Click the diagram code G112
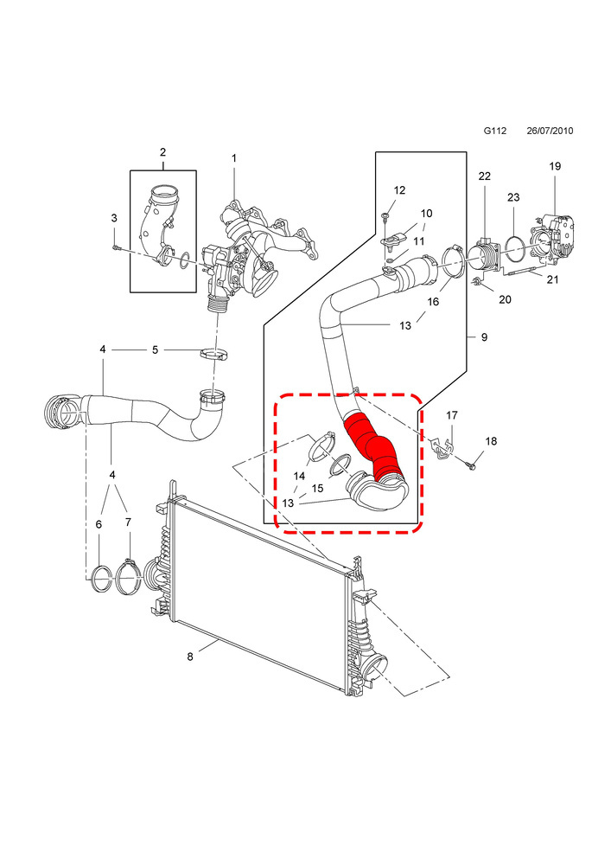click(494, 131)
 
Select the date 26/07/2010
click(550, 131)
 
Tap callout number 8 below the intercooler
click(190, 657)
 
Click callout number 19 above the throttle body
click(555, 166)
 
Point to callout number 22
click(484, 176)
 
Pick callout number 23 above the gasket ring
click(513, 197)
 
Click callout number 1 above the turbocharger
click(233, 158)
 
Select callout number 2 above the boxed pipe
click(163, 151)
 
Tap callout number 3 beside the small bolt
click(114, 218)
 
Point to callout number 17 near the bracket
click(452, 415)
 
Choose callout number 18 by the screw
click(491, 441)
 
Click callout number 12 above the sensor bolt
click(400, 189)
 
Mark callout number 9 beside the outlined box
click(484, 336)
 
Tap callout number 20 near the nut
click(505, 299)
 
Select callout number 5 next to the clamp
click(156, 349)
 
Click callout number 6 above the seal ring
click(99, 524)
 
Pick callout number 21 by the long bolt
click(552, 279)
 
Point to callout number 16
click(434, 302)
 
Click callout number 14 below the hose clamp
click(299, 476)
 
